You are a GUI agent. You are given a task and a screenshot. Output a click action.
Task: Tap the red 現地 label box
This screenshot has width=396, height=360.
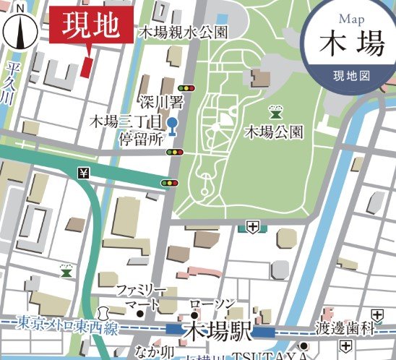coord(90,26)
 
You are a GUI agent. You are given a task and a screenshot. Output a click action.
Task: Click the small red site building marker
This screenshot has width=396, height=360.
coord(87,67)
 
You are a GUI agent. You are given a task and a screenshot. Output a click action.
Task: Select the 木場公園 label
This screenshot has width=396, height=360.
coord(274,132)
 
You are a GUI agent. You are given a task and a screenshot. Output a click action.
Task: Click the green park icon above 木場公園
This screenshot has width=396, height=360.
coord(275,111)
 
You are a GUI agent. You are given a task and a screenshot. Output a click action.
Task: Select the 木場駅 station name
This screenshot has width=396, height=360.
coord(217,331)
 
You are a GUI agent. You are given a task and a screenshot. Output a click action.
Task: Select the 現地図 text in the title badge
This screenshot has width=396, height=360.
coord(351,75)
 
